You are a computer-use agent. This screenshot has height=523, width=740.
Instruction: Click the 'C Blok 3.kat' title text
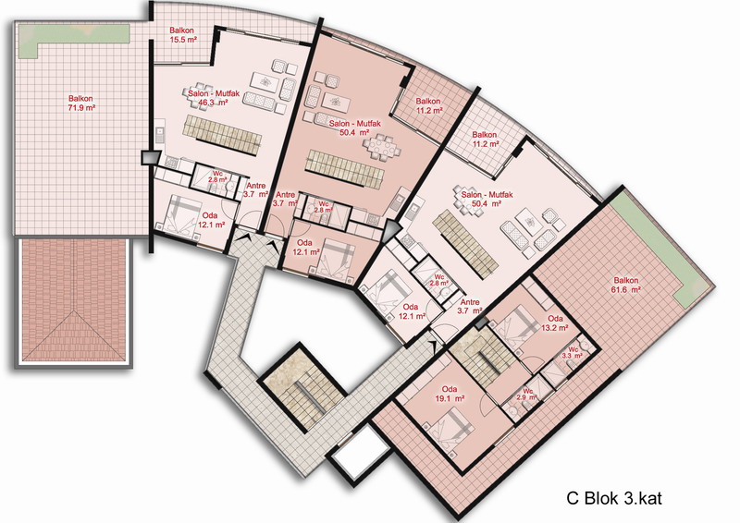click(614, 498)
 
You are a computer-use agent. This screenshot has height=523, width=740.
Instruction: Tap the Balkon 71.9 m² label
click(81, 103)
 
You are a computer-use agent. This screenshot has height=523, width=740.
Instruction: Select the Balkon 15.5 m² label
click(182, 35)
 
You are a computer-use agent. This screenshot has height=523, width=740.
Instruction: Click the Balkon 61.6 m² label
click(626, 285)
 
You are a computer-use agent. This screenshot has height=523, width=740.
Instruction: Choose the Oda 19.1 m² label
click(450, 394)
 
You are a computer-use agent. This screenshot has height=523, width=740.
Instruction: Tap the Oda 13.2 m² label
click(555, 323)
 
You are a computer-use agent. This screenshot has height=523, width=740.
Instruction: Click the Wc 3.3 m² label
click(573, 353)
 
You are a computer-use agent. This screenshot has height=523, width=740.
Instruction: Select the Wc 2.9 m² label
click(526, 395)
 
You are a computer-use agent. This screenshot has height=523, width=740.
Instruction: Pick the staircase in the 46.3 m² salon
click(222, 134)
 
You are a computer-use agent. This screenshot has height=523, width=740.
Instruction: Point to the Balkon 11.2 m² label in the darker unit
click(428, 105)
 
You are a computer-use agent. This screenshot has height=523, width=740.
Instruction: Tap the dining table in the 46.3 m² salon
click(203, 95)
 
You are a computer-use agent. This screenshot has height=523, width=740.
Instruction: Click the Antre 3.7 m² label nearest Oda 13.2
click(470, 307)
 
